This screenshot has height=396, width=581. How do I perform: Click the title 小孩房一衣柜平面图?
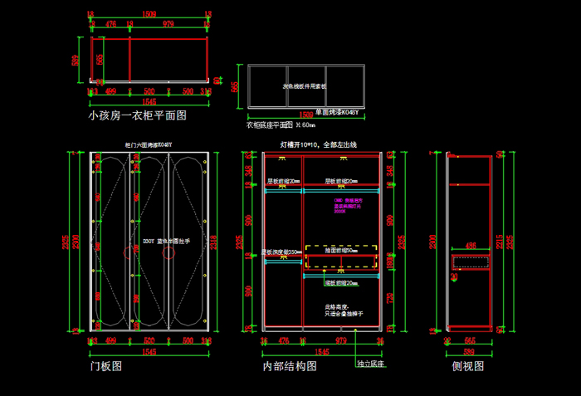pos(137,115)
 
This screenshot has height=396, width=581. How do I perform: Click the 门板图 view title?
pos(105,364)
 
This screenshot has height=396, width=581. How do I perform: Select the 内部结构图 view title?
pos(290,365)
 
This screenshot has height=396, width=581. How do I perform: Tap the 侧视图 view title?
pos(467,365)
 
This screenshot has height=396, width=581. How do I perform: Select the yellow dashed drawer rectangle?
pos(340,257)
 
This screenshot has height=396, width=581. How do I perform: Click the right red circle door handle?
pos(169,252)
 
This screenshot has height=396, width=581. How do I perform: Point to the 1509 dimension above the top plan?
pos(149,14)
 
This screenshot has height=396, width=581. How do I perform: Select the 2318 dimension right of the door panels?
pos(214,242)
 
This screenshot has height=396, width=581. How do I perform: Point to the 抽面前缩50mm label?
pos(341,248)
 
